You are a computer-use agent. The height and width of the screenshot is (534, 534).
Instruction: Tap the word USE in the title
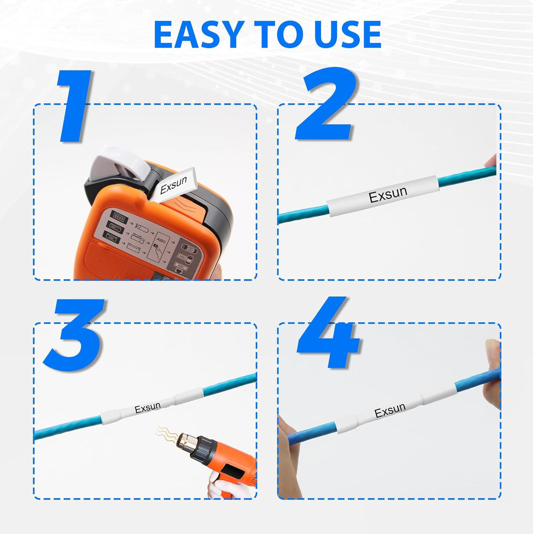click(x=343, y=35)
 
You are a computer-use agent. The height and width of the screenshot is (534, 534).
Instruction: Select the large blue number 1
click(x=76, y=106)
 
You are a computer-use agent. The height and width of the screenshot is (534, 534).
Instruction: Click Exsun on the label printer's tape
click(x=174, y=184)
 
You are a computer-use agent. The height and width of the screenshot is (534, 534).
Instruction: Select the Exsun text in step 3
click(x=147, y=408)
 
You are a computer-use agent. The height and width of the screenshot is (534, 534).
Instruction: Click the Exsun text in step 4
click(x=390, y=411)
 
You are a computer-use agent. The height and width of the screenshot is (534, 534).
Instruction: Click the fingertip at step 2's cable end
click(x=491, y=161)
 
